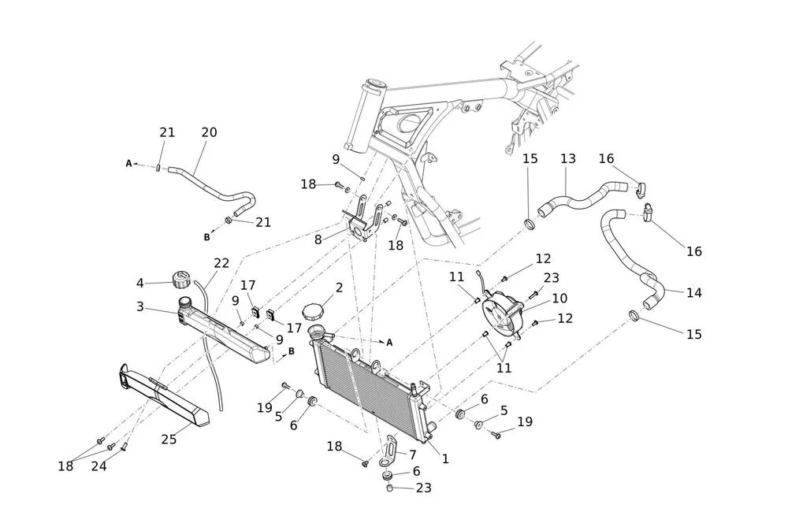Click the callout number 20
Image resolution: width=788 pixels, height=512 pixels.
[209, 132]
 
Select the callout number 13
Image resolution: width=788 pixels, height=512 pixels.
[568, 158]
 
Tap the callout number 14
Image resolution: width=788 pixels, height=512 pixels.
[693, 292]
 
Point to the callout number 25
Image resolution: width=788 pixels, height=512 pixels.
[169, 439]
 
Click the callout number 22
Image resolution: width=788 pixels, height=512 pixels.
[221, 263]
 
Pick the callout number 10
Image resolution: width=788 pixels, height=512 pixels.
[559, 299]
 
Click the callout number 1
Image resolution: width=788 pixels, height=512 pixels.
[445, 458]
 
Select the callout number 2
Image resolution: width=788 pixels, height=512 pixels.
[339, 288]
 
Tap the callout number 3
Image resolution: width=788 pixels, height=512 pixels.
[140, 306]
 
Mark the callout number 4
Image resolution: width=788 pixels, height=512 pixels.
[140, 282]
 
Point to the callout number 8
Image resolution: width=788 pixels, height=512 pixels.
[318, 239]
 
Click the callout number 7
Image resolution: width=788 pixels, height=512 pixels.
[411, 454]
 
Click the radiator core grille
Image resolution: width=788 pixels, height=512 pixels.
[366, 386]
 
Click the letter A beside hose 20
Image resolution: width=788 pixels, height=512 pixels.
[128, 164]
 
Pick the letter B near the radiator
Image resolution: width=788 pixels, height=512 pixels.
[291, 351]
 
